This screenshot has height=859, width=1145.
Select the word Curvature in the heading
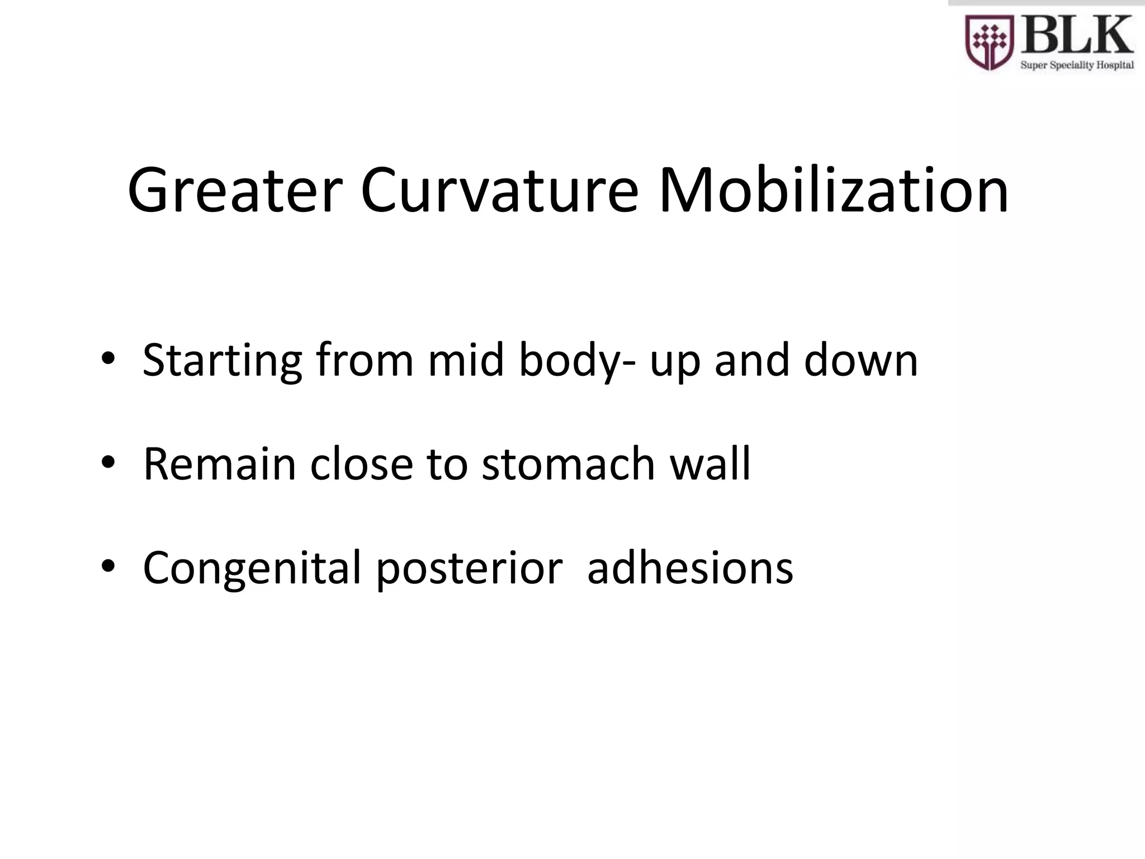(x=499, y=190)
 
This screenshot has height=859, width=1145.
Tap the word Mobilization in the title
(x=834, y=190)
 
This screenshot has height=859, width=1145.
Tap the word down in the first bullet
(x=861, y=360)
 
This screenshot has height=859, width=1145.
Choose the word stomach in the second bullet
(x=568, y=464)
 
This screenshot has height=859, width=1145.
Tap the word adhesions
(x=690, y=568)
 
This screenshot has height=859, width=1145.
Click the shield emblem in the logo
(x=990, y=41)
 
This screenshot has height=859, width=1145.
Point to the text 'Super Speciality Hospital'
(x=1077, y=65)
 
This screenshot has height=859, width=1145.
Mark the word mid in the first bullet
(x=466, y=360)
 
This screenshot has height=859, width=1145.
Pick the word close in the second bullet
(x=361, y=464)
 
